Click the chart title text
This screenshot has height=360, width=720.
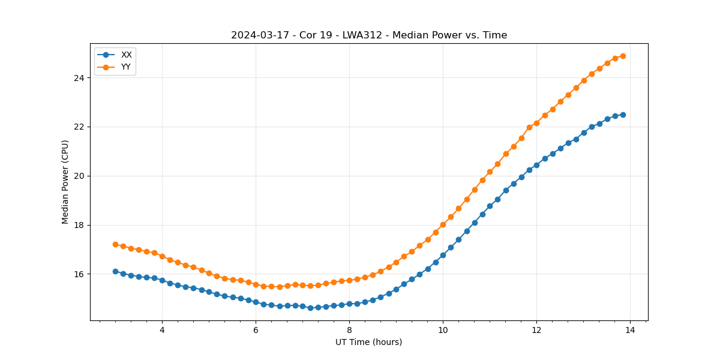[x=369, y=35]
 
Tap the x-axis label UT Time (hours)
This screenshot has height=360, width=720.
[x=368, y=342]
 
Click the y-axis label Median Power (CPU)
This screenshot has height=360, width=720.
[x=65, y=182]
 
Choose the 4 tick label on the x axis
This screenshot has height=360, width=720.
[x=162, y=330]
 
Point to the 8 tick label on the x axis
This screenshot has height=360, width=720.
[x=349, y=330]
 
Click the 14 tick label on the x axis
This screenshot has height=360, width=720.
[x=630, y=330]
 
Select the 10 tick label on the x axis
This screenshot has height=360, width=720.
[x=443, y=330]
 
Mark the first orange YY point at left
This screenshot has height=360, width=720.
[x=115, y=244]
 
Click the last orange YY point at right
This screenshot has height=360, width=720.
[x=623, y=56]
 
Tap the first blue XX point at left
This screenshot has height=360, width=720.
[x=115, y=271]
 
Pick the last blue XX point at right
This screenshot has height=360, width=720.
[x=623, y=115]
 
